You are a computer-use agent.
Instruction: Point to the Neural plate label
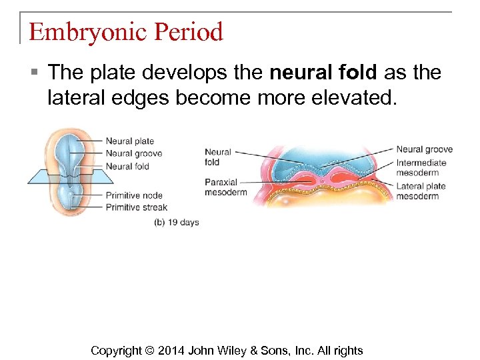(x=129, y=141)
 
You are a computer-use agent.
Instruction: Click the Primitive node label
(x=134, y=195)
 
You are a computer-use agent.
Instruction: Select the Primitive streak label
(x=136, y=207)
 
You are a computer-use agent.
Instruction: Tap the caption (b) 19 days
(x=176, y=222)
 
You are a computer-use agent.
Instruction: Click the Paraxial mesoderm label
(x=225, y=187)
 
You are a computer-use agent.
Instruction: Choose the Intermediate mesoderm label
(x=421, y=168)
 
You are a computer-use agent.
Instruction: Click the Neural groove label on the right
(x=424, y=149)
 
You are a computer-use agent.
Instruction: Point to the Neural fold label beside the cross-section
(x=217, y=157)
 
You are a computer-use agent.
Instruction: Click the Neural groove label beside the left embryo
(x=133, y=153)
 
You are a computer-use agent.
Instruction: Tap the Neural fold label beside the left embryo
(x=127, y=166)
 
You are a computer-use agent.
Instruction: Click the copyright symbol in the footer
(x=149, y=351)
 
